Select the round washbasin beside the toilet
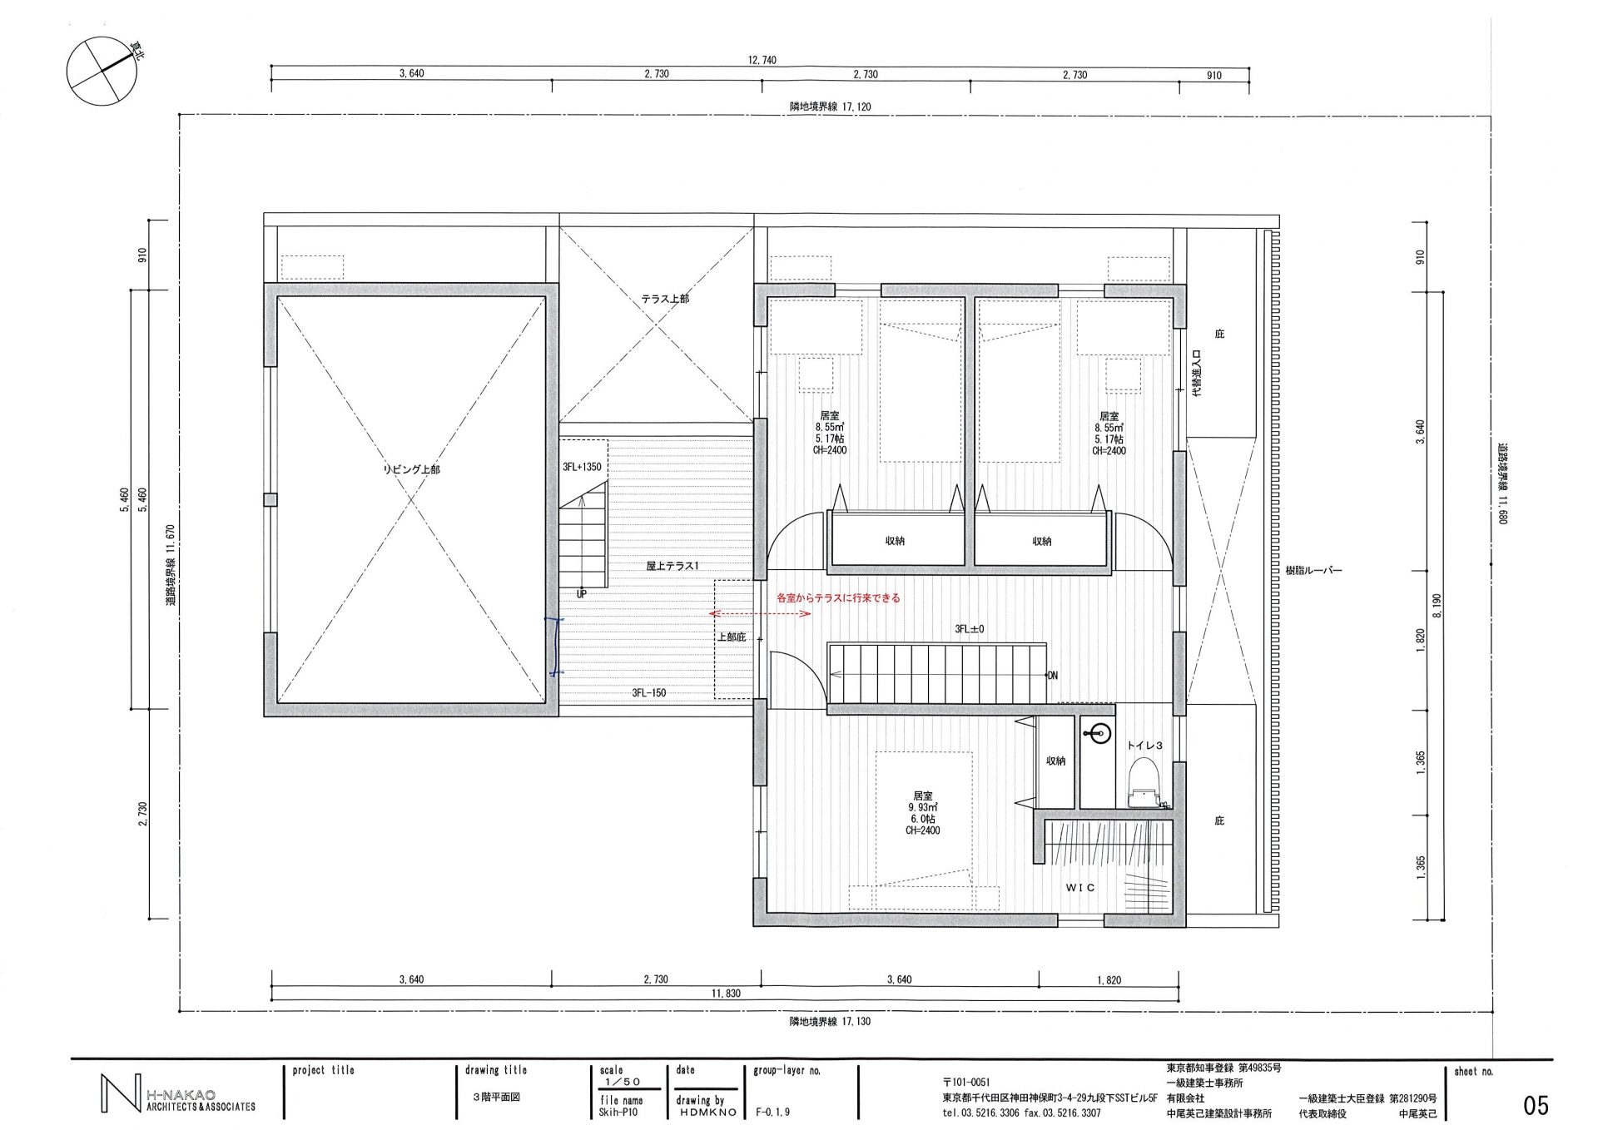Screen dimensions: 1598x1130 [x=1098, y=733]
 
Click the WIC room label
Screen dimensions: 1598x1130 [x=1080, y=888]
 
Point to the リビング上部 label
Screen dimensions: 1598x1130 [x=411, y=469]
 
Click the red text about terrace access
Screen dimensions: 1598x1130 [x=838, y=597]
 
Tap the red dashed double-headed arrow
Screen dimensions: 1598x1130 [x=760, y=614]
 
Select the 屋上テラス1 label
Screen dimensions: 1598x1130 [x=672, y=566]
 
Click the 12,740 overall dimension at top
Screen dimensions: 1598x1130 [x=762, y=60]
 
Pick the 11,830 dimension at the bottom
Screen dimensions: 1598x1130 [x=726, y=993]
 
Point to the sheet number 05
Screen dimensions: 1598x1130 [x=1536, y=1105]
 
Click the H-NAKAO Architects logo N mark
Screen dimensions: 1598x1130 [x=120, y=1093]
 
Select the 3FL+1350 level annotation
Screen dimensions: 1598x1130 [x=582, y=467]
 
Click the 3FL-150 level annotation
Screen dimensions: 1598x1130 [x=648, y=692]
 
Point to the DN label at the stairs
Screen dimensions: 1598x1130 [x=1052, y=676]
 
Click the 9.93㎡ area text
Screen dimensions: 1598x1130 [x=923, y=807]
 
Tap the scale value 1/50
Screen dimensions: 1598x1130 [x=623, y=1082]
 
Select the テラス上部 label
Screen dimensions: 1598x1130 [x=665, y=299]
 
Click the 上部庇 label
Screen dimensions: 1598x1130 [x=732, y=637]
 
